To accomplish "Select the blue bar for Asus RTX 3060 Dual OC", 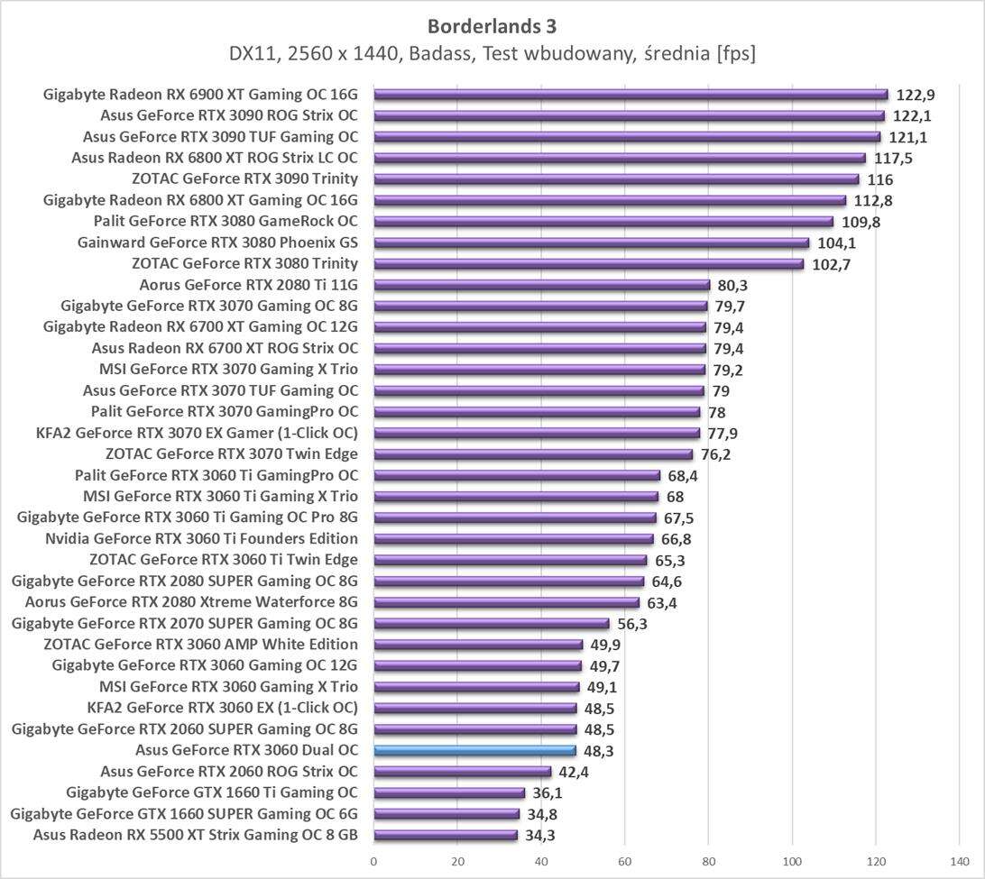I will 474,751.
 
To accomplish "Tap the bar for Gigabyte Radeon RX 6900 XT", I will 630,94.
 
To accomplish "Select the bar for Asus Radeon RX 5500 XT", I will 446,836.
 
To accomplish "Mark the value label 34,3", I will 542,836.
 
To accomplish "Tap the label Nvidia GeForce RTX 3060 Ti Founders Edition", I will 201,539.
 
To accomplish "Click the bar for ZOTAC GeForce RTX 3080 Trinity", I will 588,264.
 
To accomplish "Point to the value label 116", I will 880,179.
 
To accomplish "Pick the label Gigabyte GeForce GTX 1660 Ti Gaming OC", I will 212,792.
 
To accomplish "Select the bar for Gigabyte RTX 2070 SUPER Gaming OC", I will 492,624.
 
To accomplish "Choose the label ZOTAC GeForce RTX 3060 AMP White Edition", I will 200,645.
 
